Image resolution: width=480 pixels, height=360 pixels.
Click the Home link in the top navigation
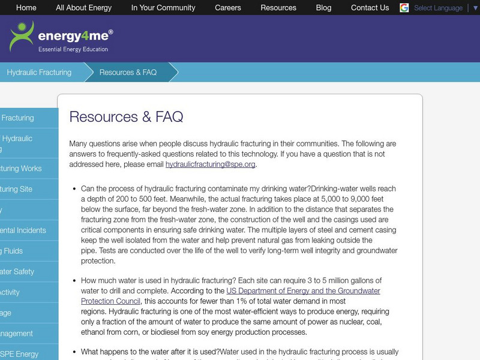(x=26, y=8)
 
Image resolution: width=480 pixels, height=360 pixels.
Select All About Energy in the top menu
(x=83, y=8)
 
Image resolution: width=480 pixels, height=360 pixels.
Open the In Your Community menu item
(x=163, y=8)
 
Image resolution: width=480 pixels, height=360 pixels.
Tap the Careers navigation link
(x=228, y=8)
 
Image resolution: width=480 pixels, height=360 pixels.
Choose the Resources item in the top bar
(x=278, y=8)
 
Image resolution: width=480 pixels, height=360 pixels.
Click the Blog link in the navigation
(x=323, y=8)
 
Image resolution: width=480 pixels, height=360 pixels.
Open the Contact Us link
(x=370, y=8)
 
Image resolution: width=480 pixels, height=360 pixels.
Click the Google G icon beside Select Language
(x=404, y=8)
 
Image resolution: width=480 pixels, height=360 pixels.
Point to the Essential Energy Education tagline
(x=73, y=49)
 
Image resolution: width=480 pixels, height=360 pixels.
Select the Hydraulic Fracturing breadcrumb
(x=39, y=73)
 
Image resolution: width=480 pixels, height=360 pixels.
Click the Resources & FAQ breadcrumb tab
(x=128, y=73)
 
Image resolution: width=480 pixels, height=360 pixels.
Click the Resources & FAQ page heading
(x=126, y=116)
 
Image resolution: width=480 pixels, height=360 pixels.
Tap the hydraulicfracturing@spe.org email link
(x=210, y=164)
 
